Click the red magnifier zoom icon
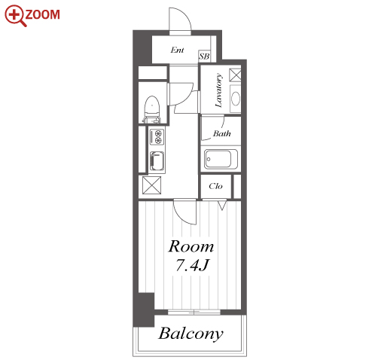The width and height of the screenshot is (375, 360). (15, 16)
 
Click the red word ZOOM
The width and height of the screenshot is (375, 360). (43, 14)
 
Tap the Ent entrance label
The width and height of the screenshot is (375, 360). (177, 50)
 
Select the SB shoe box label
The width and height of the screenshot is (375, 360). (204, 56)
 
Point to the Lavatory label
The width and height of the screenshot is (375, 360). (218, 90)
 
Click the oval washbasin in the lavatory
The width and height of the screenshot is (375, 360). (236, 99)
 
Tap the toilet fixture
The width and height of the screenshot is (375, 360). (152, 110)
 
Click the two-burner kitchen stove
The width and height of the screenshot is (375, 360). (157, 137)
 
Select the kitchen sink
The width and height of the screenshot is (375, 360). (157, 161)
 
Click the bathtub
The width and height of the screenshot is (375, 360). (221, 159)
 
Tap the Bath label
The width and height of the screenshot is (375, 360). (222, 133)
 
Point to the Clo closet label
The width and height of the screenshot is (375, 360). (215, 186)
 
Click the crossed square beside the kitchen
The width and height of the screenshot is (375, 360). (151, 185)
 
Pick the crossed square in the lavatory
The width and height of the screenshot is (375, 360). (235, 75)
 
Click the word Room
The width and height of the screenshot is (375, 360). (191, 246)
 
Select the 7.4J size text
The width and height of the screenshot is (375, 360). (192, 265)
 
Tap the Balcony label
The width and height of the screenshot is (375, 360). (191, 334)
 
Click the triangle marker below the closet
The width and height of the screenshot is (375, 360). (222, 205)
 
